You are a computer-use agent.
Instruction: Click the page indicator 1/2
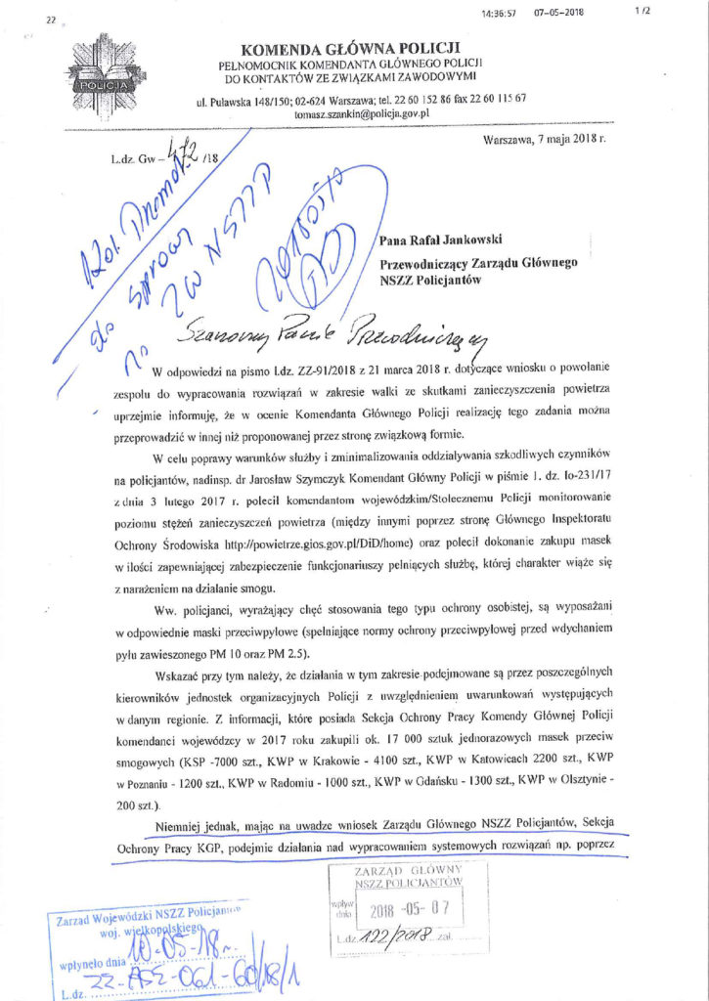coord(643,11)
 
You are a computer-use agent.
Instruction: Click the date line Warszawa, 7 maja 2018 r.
coord(545,140)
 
